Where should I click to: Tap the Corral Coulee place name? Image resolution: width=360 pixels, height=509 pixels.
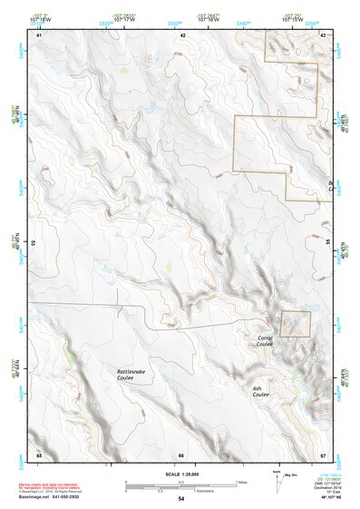click(264, 340)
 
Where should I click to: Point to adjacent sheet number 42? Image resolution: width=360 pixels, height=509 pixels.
click(183, 34)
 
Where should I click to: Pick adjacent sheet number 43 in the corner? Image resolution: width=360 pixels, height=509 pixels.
click(324, 34)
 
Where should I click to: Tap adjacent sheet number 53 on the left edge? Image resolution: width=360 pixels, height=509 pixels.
click(35, 243)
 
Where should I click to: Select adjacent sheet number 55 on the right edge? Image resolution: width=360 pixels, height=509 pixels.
click(326, 243)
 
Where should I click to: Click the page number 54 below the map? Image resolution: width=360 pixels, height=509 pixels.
click(180, 499)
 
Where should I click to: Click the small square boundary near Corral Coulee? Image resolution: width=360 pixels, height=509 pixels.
click(295, 324)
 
